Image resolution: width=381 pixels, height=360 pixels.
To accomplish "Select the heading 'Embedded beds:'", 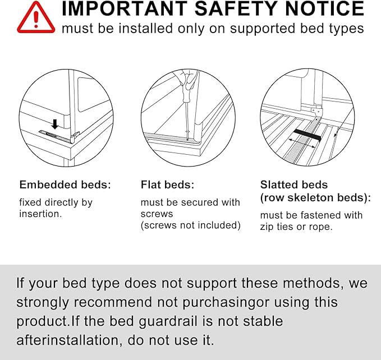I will [x=65, y=184].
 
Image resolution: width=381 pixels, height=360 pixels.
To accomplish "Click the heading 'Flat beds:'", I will [x=167, y=184].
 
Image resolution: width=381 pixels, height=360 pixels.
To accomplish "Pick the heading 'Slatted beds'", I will [x=293, y=184].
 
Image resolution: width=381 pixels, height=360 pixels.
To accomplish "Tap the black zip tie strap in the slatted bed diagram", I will [x=306, y=136].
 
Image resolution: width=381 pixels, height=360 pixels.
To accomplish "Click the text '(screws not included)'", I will [x=190, y=225].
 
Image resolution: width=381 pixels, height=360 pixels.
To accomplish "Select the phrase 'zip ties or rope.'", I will [x=296, y=227].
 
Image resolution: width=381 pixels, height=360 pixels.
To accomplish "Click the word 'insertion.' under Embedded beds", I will [x=40, y=214].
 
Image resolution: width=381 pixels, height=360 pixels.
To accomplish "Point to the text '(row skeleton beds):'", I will [x=315, y=197].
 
